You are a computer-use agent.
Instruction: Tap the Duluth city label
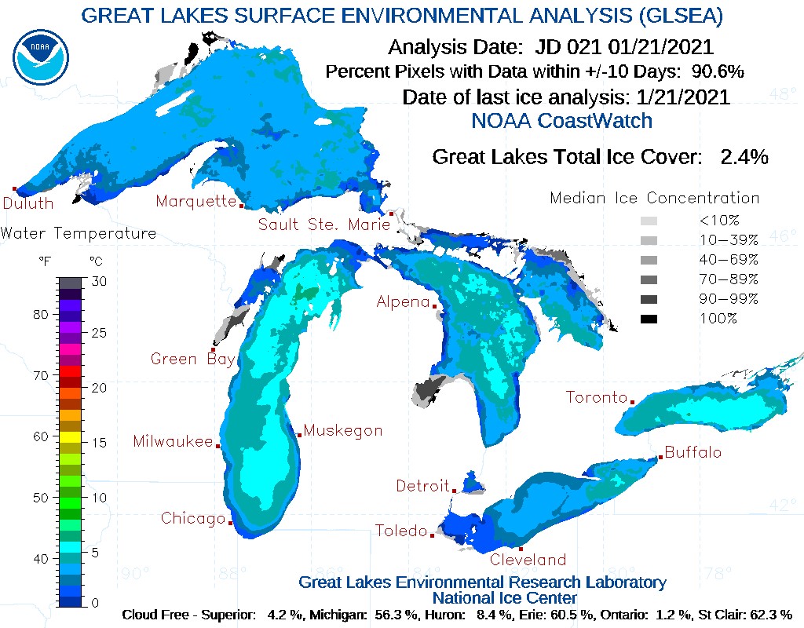pyautogui.click(x=28, y=204)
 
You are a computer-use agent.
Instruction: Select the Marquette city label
pyautogui.click(x=196, y=202)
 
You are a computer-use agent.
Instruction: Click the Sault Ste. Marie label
pyautogui.click(x=324, y=225)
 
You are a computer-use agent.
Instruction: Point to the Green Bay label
pyautogui.click(x=192, y=360)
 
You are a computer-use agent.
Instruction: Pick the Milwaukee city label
pyautogui.click(x=173, y=442)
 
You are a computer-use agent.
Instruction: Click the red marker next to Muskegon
pyautogui.click(x=299, y=435)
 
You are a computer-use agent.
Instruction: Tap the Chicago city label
pyautogui.click(x=193, y=519)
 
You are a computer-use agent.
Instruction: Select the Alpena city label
pyautogui.click(x=403, y=302)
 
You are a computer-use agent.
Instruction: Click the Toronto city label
pyautogui.click(x=597, y=398)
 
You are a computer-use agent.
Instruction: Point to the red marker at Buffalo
pyautogui.click(x=660, y=458)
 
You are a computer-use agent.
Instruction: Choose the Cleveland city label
pyautogui.click(x=528, y=560)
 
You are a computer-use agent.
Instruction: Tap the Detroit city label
pyautogui.click(x=422, y=487)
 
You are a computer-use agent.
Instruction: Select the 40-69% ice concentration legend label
pyautogui.click(x=729, y=260)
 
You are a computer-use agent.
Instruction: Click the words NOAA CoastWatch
pyautogui.click(x=561, y=121)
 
